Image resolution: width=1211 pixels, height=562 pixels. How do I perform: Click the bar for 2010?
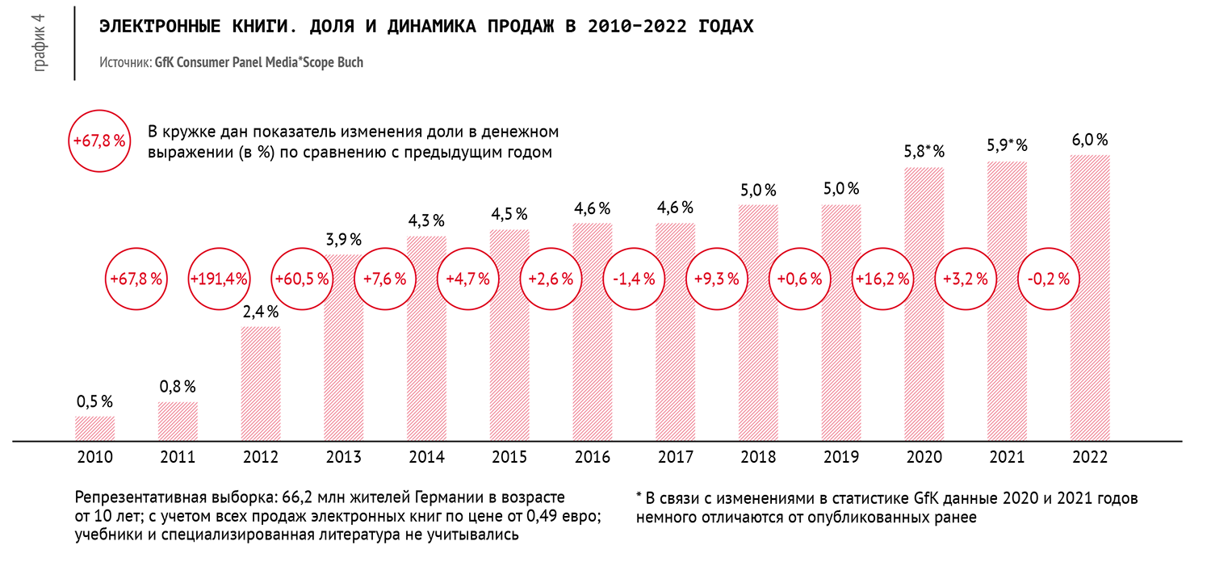(94, 428)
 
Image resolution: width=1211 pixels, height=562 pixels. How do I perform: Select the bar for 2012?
(261, 384)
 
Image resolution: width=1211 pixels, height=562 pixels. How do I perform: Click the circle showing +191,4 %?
(219, 279)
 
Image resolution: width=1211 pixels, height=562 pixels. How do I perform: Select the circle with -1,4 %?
(633, 279)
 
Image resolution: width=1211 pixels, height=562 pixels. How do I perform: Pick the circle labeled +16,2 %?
(882, 279)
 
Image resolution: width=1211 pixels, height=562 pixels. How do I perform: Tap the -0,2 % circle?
(1049, 279)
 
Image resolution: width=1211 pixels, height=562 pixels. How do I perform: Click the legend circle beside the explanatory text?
(100, 140)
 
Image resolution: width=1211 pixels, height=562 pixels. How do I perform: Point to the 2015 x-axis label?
(509, 457)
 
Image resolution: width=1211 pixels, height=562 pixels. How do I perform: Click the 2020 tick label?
(924, 457)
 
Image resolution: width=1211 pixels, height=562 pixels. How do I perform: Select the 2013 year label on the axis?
(343, 457)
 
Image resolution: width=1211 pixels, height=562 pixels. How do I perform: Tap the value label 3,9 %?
(343, 240)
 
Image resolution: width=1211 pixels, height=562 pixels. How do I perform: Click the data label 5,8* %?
(924, 151)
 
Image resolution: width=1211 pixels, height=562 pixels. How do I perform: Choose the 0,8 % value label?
(178, 387)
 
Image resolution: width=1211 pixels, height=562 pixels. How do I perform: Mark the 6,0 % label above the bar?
(1090, 140)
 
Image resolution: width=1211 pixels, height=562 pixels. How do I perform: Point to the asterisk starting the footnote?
(639, 498)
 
